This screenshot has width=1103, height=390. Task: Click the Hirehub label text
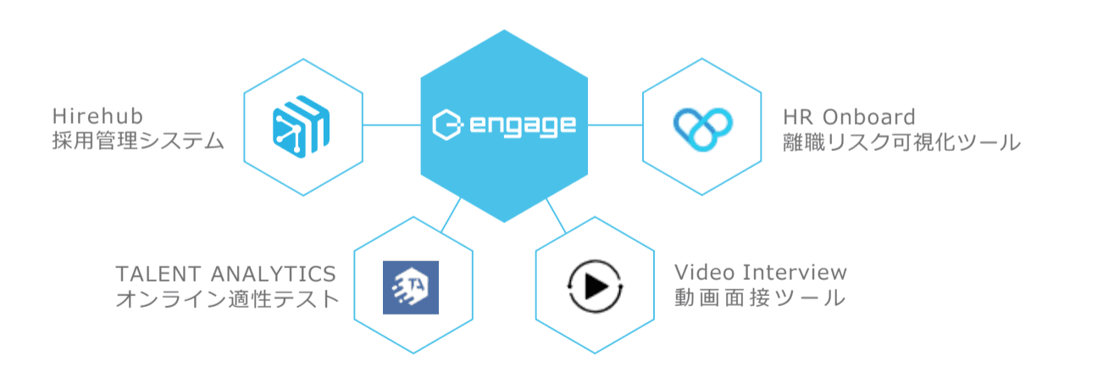coord(97,116)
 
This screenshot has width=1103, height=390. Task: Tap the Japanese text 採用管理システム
coord(138,141)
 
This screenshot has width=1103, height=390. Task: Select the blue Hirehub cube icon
coord(301,126)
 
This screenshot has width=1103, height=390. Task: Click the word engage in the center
coord(523,125)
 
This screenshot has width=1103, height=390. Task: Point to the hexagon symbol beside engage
coord(447,125)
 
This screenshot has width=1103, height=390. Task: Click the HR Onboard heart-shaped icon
coord(702,129)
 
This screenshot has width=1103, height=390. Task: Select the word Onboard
coord(869,117)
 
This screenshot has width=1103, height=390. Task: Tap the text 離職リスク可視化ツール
coord(901,142)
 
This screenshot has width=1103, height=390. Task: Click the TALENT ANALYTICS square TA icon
coord(411,287)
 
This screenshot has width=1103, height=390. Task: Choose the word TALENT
coord(158,274)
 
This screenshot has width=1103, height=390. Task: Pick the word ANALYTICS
coord(274,274)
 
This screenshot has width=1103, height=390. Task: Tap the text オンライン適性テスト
coord(228,298)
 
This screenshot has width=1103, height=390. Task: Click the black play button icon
coord(595,287)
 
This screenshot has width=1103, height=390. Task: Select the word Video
coord(704,272)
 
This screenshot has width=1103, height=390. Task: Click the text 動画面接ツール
coord(760,298)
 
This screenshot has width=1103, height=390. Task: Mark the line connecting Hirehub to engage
coord(392,125)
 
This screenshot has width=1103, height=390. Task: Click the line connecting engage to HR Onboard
coord(615,125)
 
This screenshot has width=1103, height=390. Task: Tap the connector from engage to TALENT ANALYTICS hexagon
coord(451,214)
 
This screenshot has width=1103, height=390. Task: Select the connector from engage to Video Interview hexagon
coord(557,215)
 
